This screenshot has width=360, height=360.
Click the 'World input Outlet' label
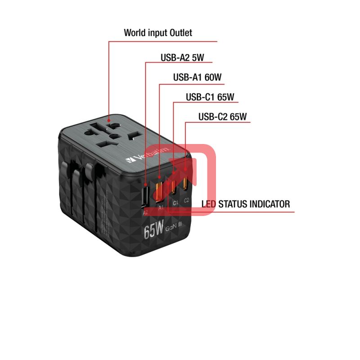(158, 32)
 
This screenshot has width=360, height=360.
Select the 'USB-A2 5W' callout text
(182, 58)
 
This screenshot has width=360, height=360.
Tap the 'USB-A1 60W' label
(197, 77)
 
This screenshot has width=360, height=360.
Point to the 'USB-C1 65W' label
(210, 97)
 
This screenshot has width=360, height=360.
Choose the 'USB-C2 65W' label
(222, 117)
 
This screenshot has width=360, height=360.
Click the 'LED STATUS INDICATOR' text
(246, 204)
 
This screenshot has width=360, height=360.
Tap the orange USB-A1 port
(160, 192)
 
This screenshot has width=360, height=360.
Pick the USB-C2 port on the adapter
(185, 184)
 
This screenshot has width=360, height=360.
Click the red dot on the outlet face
(109, 120)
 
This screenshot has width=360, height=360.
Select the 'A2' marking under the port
(145, 212)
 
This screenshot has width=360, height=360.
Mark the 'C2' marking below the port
(186, 200)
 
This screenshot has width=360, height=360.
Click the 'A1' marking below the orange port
(161, 208)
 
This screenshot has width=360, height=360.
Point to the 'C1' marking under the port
(175, 203)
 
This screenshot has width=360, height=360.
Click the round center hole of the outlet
(114, 136)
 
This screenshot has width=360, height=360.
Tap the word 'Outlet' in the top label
(181, 32)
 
